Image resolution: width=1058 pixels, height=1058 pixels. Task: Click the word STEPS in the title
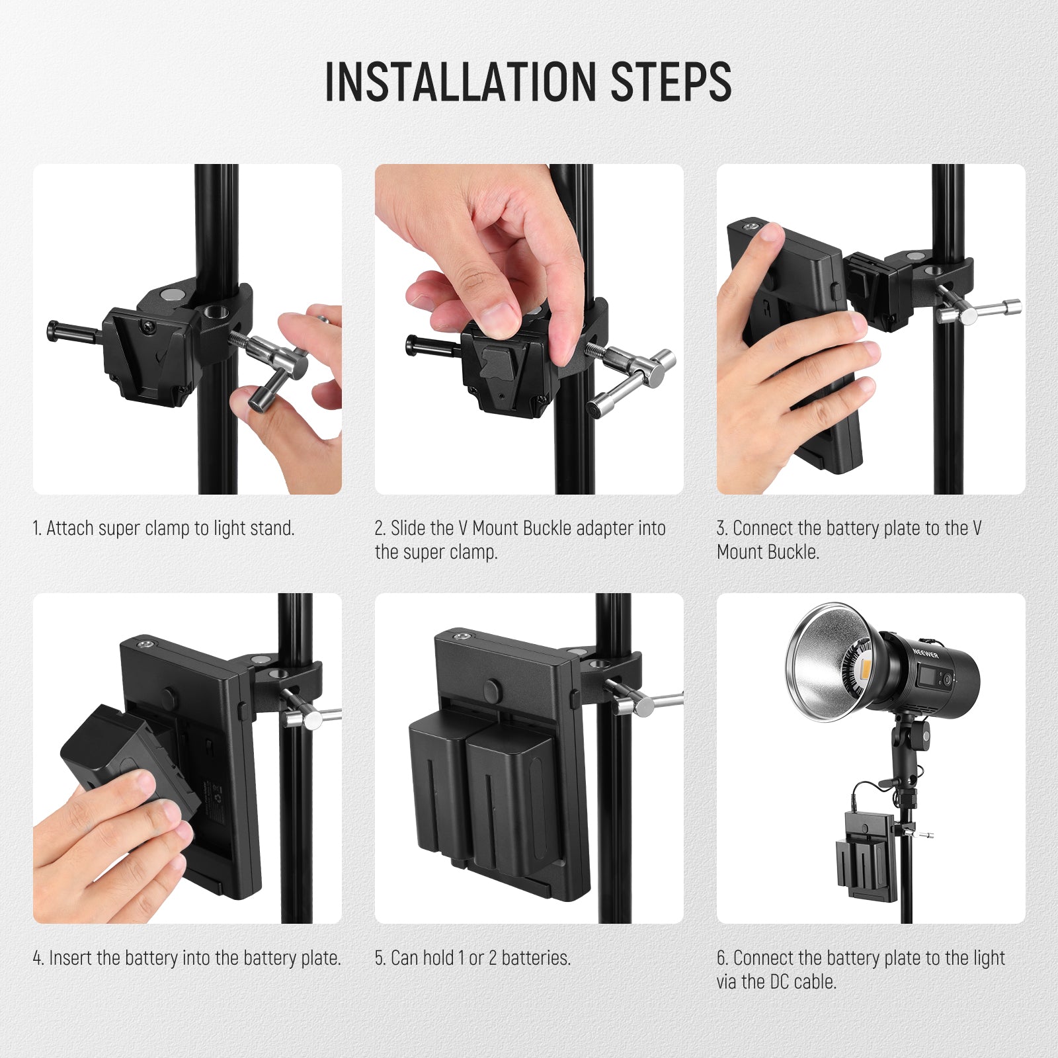coord(671,82)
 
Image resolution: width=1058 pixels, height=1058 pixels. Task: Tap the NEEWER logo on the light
coord(926,653)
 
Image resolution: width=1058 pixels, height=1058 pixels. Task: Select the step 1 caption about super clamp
coord(163,528)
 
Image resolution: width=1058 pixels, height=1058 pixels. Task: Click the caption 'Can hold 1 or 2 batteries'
coord(472,958)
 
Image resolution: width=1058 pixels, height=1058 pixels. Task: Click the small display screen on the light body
coord(925,678)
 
